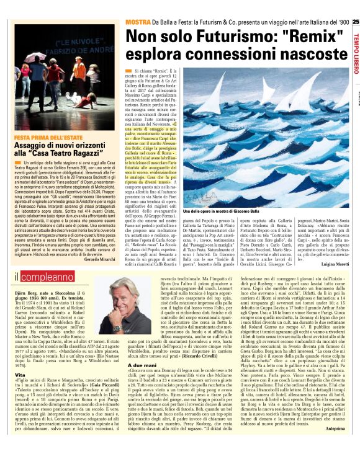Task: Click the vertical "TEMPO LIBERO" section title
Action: (355, 56)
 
